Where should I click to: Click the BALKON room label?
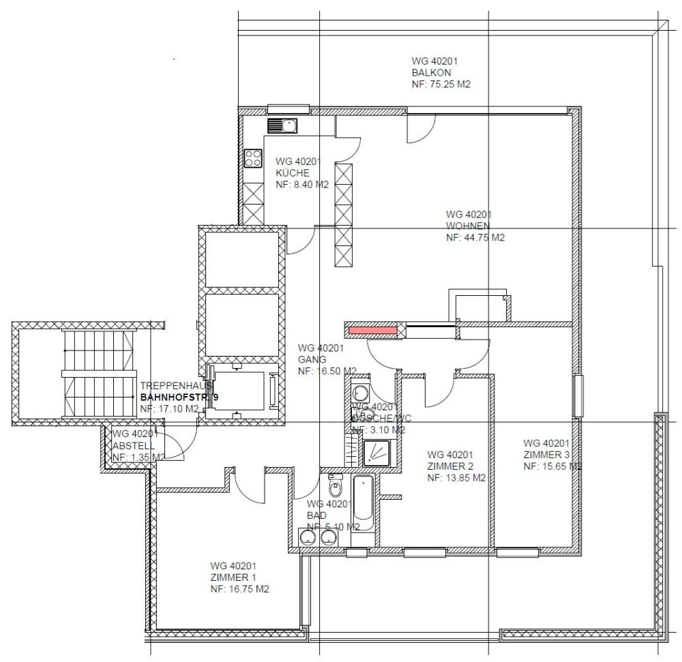coord(431,72)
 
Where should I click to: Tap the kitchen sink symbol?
coord(282,125)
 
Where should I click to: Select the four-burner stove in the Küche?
coord(254,158)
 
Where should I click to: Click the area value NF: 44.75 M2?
coord(475,238)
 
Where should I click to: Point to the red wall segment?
coord(373,331)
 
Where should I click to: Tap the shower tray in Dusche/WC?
coord(378,451)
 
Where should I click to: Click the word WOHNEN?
coord(464,226)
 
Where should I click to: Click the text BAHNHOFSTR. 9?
coord(179,397)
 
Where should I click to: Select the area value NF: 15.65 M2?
coord(552,466)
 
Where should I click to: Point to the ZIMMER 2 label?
coord(450,466)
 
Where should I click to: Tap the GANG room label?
coord(312,359)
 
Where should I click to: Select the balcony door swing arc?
coord(421,130)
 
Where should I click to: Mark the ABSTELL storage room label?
coord(130,445)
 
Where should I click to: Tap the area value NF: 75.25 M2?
coord(441,85)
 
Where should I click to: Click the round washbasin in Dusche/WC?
coord(359,392)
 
